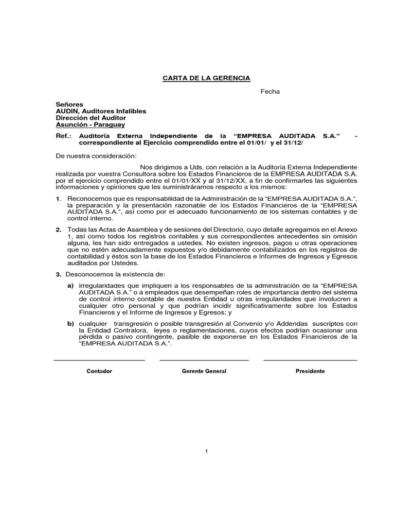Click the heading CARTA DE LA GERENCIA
(x=206, y=78)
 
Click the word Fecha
(x=270, y=91)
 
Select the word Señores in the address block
(x=69, y=104)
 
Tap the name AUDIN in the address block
(x=66, y=111)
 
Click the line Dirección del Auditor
(x=91, y=118)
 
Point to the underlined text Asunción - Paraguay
(x=91, y=125)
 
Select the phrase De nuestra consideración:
(x=96, y=155)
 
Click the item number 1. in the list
(x=59, y=199)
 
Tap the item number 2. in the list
(x=59, y=229)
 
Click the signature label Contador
(x=99, y=371)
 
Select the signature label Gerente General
(x=204, y=371)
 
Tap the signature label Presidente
(x=310, y=371)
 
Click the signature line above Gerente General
(x=204, y=360)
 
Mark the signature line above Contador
(x=99, y=360)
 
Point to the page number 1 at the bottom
(x=206, y=451)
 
